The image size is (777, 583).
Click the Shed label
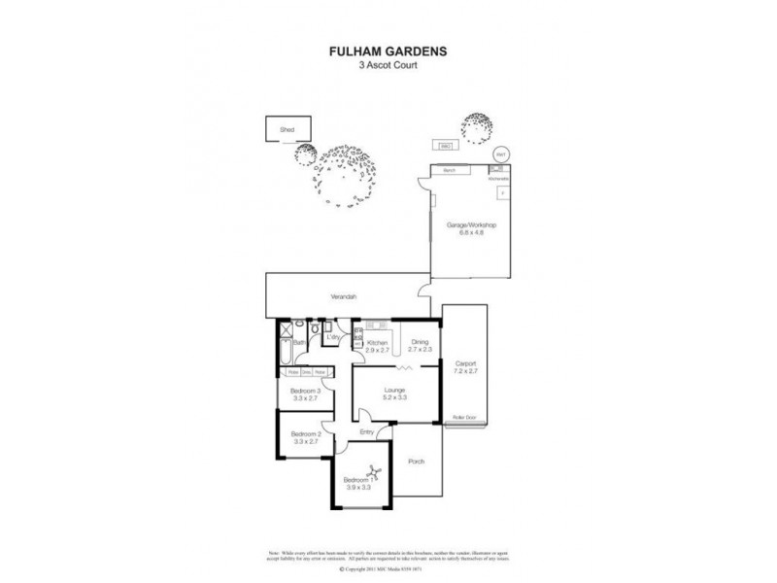coord(287,128)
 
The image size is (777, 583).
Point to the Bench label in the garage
coord(449,170)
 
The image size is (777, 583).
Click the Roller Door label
coord(465,417)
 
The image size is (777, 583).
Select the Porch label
coord(417,462)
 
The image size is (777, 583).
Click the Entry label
coord(366,432)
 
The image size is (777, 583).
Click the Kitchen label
coord(376,341)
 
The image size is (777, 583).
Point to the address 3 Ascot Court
coord(388,67)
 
